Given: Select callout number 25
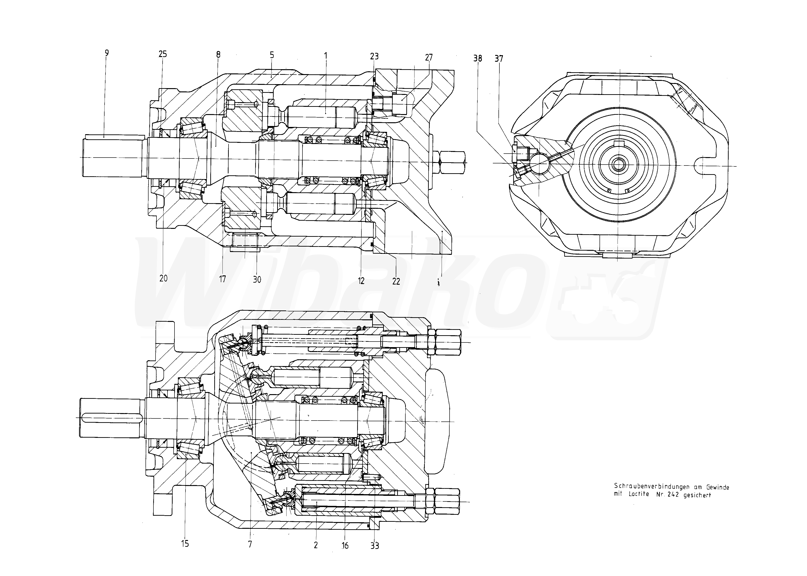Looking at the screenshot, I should (163, 54).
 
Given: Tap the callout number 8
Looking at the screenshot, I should (218, 55).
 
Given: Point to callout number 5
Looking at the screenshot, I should (272, 55).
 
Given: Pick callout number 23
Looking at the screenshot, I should (374, 56).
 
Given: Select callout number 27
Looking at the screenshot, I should (429, 58).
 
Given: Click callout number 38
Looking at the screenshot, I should (478, 58).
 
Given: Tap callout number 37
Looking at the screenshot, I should (499, 58).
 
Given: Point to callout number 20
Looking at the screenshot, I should (163, 278).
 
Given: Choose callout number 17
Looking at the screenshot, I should (222, 279).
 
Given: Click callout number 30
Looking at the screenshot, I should (257, 280).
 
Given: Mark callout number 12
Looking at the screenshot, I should (361, 281).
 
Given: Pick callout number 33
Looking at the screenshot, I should (375, 546).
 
